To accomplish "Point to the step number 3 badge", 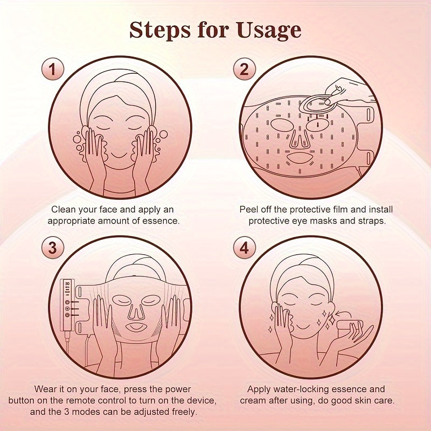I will click(x=52, y=248).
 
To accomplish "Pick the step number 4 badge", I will click(x=244, y=248).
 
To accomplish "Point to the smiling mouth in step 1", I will click(x=120, y=154).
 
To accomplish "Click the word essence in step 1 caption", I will click(x=162, y=220).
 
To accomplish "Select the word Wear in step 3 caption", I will click(x=46, y=389).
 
